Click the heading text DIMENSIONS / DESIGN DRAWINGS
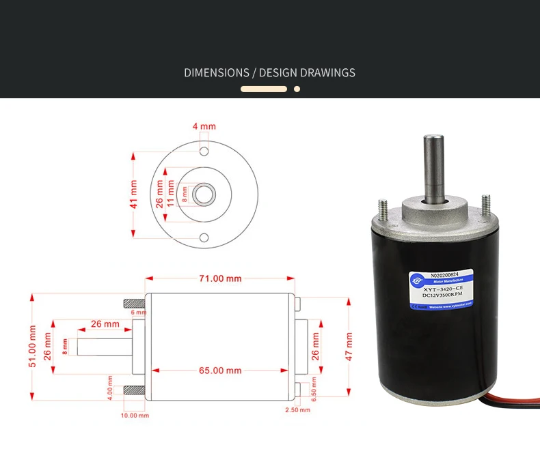click(269, 72)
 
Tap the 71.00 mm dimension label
click(220, 278)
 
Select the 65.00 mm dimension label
click(220, 371)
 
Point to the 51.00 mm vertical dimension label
click(32, 347)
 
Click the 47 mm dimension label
click(349, 347)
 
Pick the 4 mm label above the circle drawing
click(204, 126)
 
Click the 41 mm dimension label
click(134, 194)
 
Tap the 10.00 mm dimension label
click(134, 415)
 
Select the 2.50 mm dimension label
click(297, 410)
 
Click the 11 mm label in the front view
click(171, 194)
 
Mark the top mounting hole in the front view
click(204, 150)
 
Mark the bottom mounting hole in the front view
click(204, 237)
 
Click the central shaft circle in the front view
click(204, 194)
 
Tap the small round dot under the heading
click(297, 89)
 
